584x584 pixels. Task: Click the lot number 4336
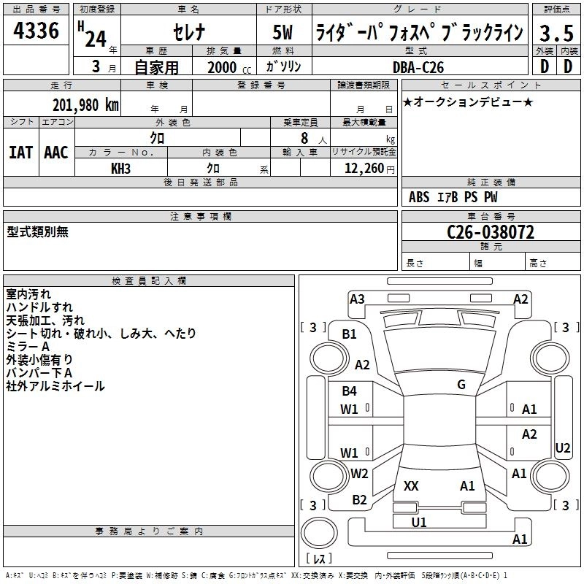36,31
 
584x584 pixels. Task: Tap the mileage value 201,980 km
85,104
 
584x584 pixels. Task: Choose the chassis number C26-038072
491,233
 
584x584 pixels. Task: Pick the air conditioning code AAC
56,153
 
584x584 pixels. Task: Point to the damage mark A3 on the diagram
357,299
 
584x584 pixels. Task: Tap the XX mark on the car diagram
411,485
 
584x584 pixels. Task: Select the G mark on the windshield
461,385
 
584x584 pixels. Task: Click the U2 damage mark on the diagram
563,447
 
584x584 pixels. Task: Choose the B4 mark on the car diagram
350,391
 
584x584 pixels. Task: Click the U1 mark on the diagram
419,522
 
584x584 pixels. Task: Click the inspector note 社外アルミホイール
55,386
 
